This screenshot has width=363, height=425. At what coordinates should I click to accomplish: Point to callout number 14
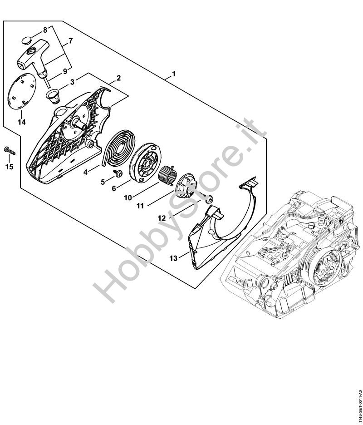click(x=22, y=122)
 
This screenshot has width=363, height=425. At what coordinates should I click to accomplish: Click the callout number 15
click(x=9, y=167)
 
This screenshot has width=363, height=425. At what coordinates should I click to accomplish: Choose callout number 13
click(x=173, y=258)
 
